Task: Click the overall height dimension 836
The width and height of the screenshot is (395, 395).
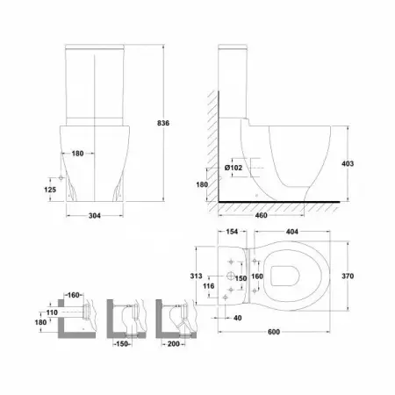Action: (x=163, y=123)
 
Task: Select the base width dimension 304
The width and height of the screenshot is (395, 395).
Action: (x=95, y=216)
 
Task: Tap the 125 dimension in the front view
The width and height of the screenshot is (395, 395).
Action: (x=50, y=190)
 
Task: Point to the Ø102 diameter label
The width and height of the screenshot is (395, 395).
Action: (x=233, y=168)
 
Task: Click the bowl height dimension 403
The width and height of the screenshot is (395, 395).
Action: (x=348, y=163)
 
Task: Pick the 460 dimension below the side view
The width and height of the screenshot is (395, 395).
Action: (x=261, y=215)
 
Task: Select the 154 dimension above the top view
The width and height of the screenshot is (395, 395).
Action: (x=232, y=232)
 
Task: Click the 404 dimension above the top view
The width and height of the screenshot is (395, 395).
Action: (x=292, y=232)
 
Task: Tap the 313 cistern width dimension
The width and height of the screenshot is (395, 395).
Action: (x=196, y=276)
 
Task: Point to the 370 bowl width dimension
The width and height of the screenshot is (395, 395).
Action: (x=348, y=276)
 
